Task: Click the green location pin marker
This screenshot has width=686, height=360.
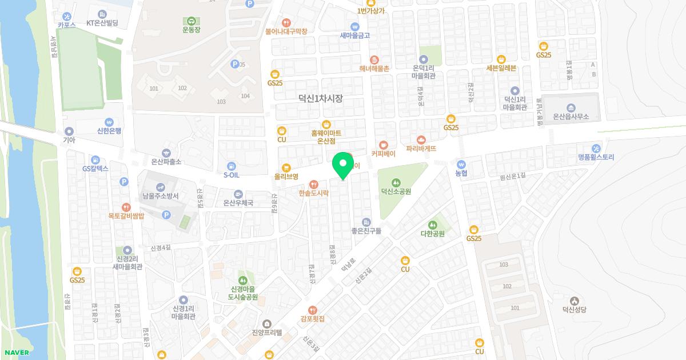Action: click(x=343, y=165)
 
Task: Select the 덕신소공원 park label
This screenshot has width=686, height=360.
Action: click(x=396, y=191)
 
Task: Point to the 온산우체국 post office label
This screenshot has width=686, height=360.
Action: click(x=238, y=203)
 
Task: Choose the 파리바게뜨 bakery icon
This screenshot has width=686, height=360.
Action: click(x=421, y=139)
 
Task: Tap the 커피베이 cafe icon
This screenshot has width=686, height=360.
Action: click(x=384, y=145)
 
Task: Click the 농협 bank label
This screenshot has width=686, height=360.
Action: click(x=461, y=173)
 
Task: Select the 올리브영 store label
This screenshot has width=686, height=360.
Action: click(x=286, y=177)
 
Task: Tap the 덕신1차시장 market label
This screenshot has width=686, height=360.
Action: click(x=321, y=99)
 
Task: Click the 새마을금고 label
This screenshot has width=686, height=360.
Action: click(x=355, y=35)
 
